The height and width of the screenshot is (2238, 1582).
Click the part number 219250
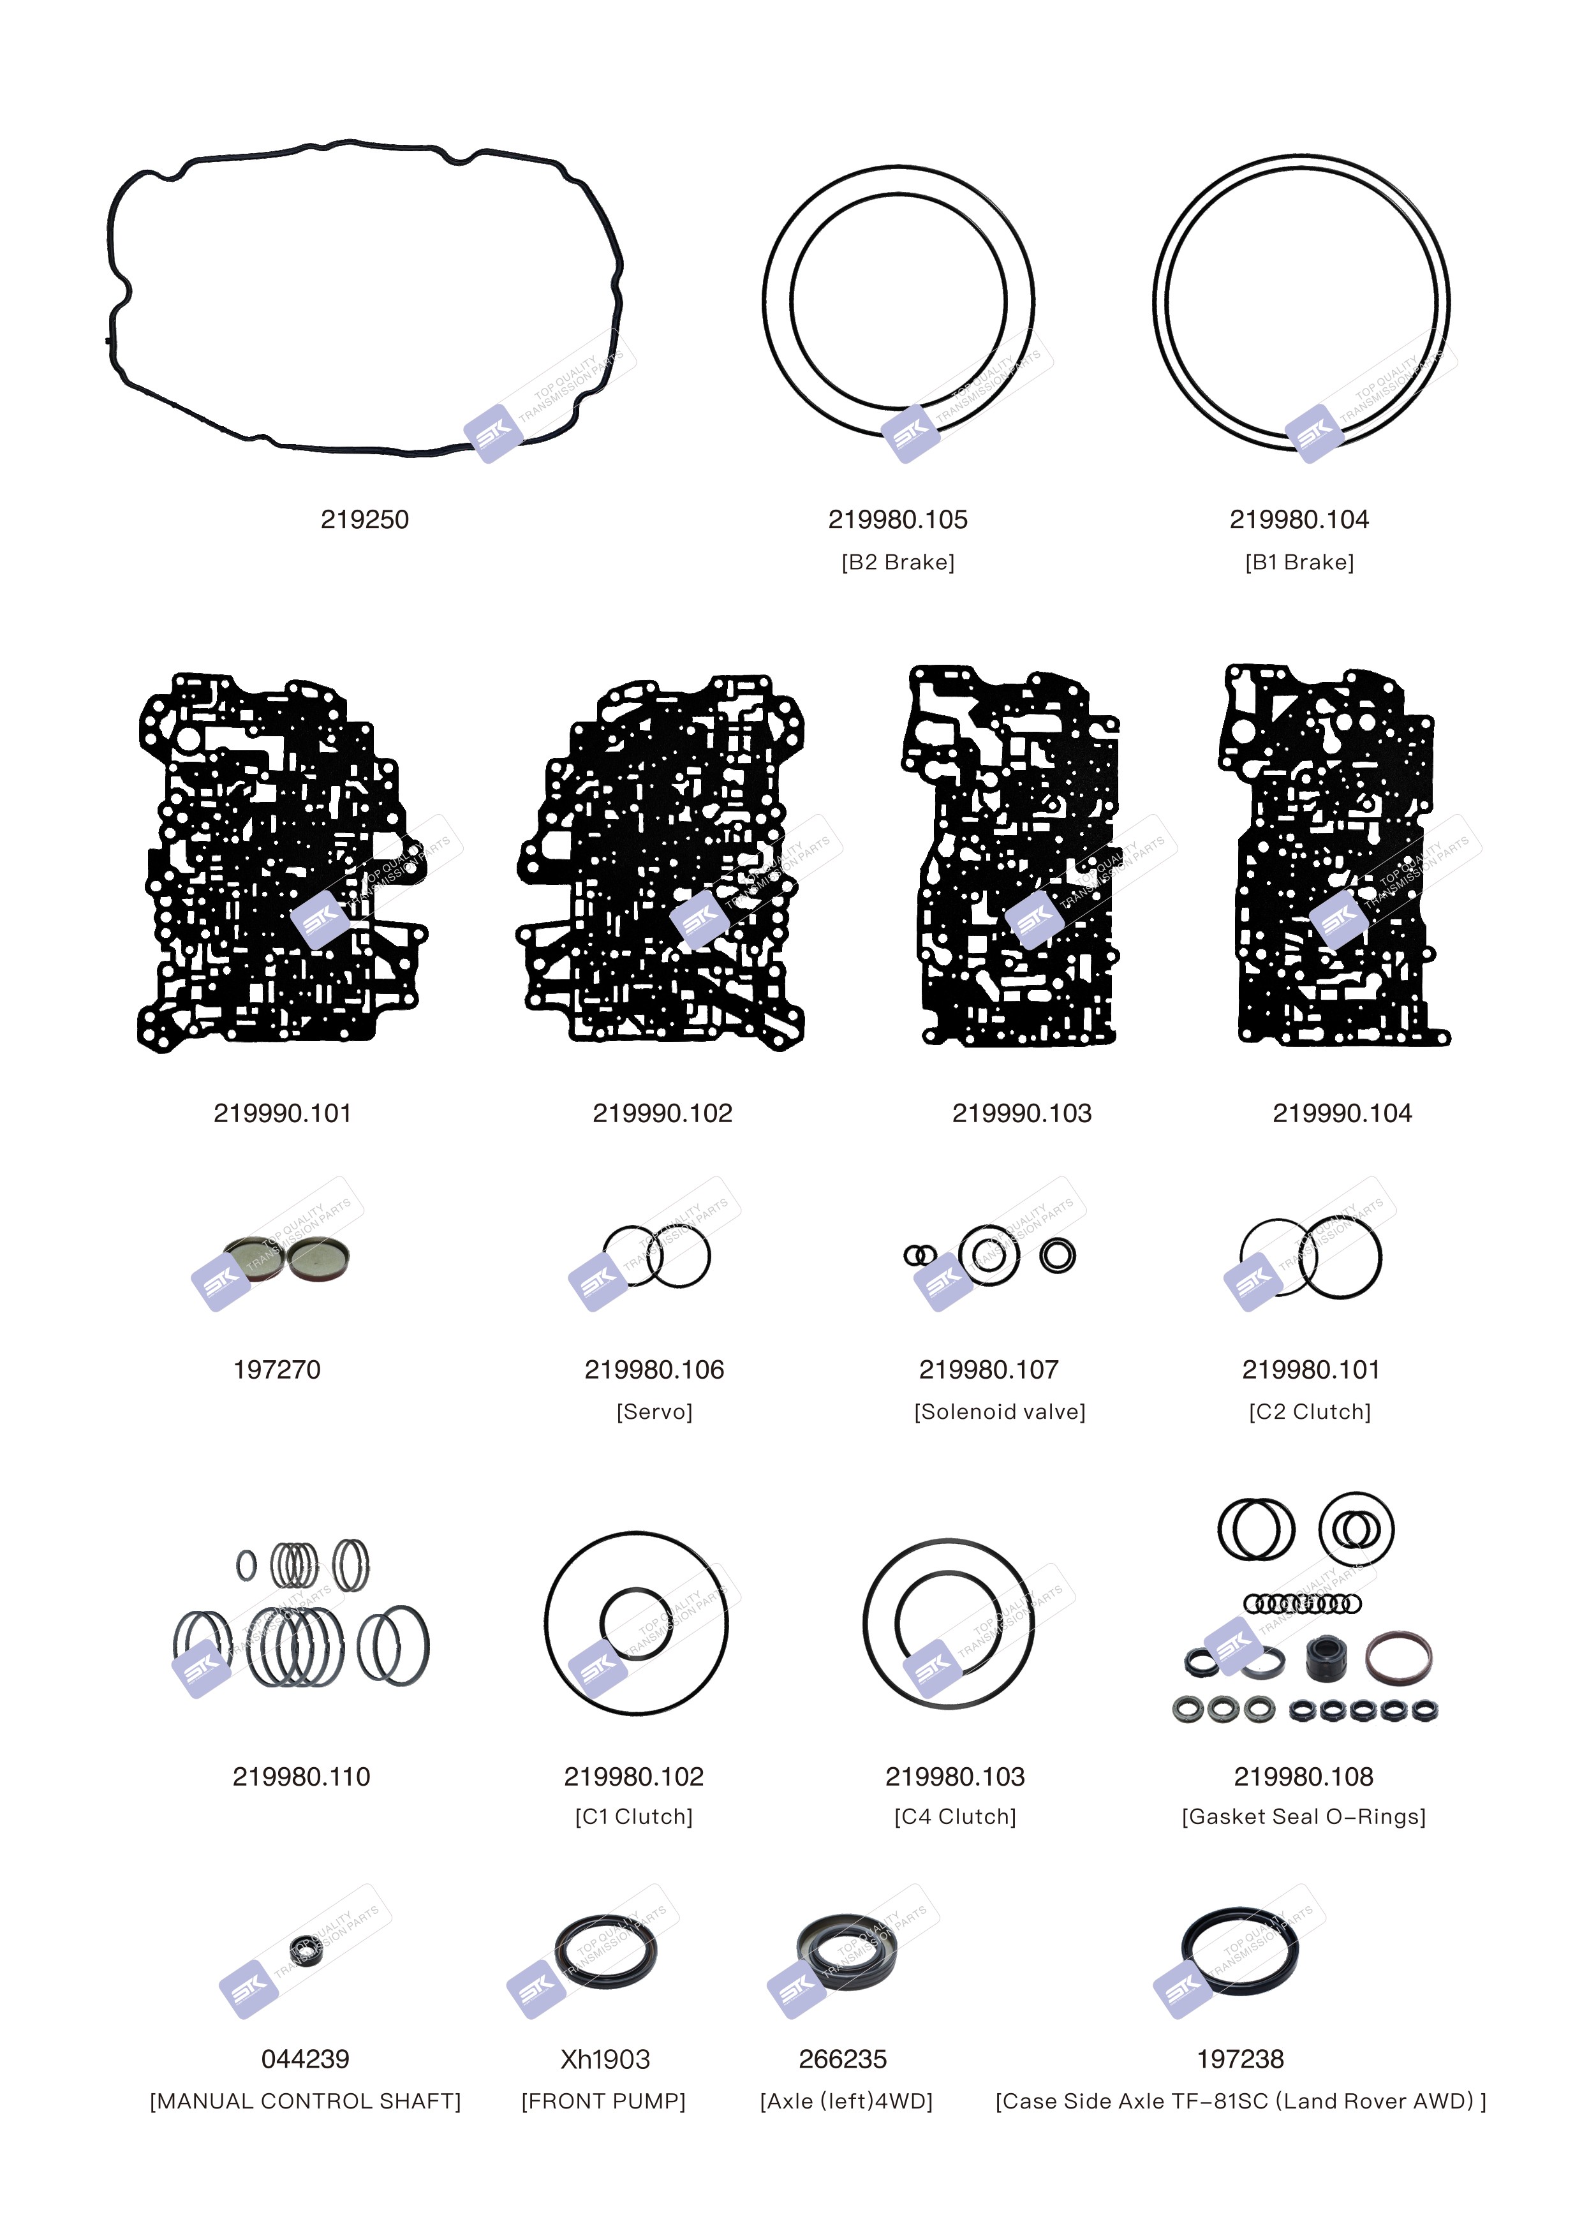(364, 519)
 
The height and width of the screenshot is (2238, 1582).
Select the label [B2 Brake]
(898, 563)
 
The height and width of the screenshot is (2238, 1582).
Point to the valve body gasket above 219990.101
(283, 863)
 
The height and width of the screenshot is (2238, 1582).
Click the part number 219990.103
(1021, 1113)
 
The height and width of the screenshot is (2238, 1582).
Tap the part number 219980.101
(1311, 1370)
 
